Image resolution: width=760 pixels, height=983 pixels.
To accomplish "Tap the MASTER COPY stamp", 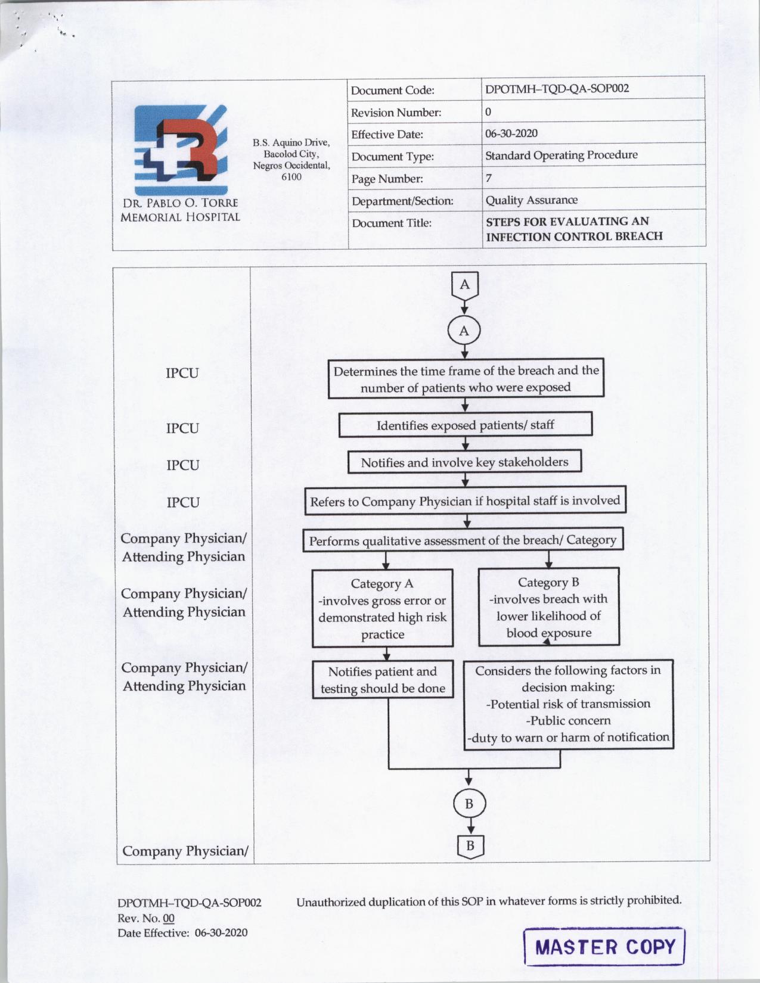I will coord(604,946).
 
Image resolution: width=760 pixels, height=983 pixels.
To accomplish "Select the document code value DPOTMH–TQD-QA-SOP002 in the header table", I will coord(557,89).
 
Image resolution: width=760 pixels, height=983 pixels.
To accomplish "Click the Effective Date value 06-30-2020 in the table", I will coord(511,133).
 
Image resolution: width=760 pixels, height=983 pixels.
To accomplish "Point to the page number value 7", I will coord(489,178).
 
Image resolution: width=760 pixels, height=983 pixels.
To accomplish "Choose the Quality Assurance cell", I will coord(531,200).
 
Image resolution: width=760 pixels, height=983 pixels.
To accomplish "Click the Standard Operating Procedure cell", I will coord(561,155).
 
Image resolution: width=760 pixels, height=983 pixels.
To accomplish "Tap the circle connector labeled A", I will coord(464,331).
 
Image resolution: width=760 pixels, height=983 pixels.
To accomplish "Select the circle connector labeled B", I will coord(469,804).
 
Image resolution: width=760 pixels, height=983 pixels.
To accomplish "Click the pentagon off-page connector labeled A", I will coord(464,285).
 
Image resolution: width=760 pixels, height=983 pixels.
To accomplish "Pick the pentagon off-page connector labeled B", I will coord(470,845).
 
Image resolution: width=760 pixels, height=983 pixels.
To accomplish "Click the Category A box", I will coord(382,608).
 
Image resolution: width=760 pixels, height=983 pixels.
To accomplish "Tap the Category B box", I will coord(548,607).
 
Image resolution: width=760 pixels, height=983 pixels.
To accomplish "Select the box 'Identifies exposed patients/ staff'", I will coord(465,425).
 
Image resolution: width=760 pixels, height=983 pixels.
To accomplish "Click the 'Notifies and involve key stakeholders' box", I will coord(464,462).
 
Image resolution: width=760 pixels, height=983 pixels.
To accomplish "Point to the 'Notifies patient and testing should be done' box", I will coord(383,680).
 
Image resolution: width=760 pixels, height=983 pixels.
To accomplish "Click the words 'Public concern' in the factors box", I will coord(568,720).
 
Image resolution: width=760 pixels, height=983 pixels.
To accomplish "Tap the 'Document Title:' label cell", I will coord(392,223).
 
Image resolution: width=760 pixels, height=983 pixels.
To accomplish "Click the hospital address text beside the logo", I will coord(291,159).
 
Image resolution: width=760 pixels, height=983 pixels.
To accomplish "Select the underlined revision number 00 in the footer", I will coord(169,918).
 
